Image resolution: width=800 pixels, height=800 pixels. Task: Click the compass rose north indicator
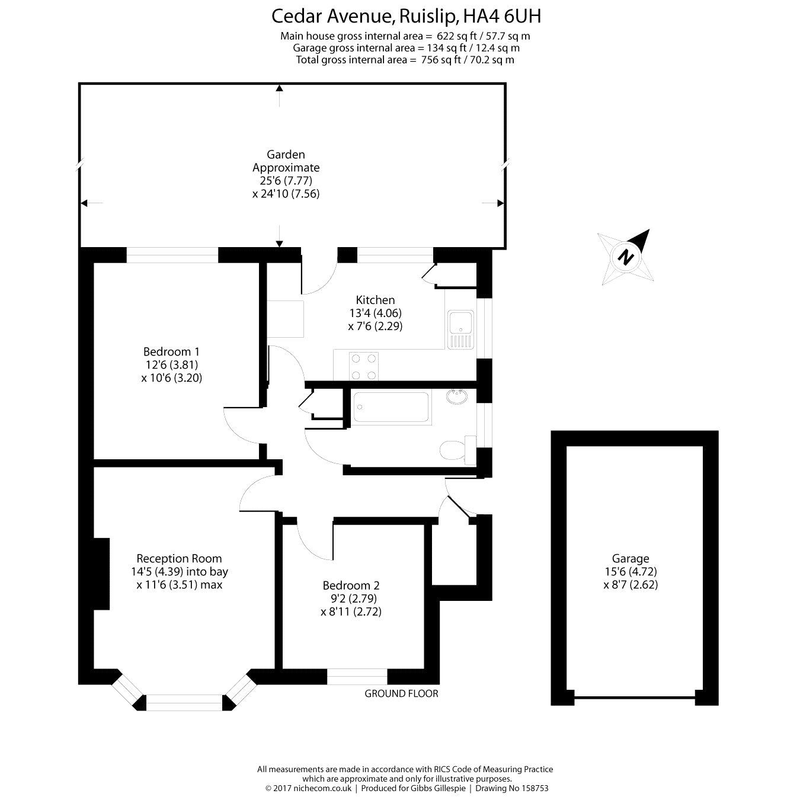(625, 257)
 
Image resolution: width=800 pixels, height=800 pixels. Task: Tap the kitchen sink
(460, 329)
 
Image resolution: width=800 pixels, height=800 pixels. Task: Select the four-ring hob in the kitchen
(364, 366)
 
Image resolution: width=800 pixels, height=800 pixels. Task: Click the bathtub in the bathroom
(391, 408)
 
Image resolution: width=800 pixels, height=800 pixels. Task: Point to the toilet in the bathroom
(458, 450)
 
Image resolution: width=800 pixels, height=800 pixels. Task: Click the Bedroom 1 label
(171, 351)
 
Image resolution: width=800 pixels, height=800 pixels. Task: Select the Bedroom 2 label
(351, 585)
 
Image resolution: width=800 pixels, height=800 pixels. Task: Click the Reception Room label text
(180, 558)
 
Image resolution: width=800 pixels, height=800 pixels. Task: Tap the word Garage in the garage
(630, 558)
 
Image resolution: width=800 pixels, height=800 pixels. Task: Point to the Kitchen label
(375, 300)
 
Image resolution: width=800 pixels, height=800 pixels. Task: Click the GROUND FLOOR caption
(401, 693)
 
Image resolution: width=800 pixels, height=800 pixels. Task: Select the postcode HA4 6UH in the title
(502, 17)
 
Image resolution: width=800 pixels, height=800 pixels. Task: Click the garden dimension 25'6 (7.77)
(286, 181)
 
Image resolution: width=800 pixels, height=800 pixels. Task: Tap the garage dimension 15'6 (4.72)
(631, 572)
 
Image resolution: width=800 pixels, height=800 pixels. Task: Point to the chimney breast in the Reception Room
(102, 574)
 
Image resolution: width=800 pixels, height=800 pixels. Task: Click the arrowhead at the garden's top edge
(279, 88)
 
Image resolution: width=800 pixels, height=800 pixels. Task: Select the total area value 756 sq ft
(441, 60)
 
